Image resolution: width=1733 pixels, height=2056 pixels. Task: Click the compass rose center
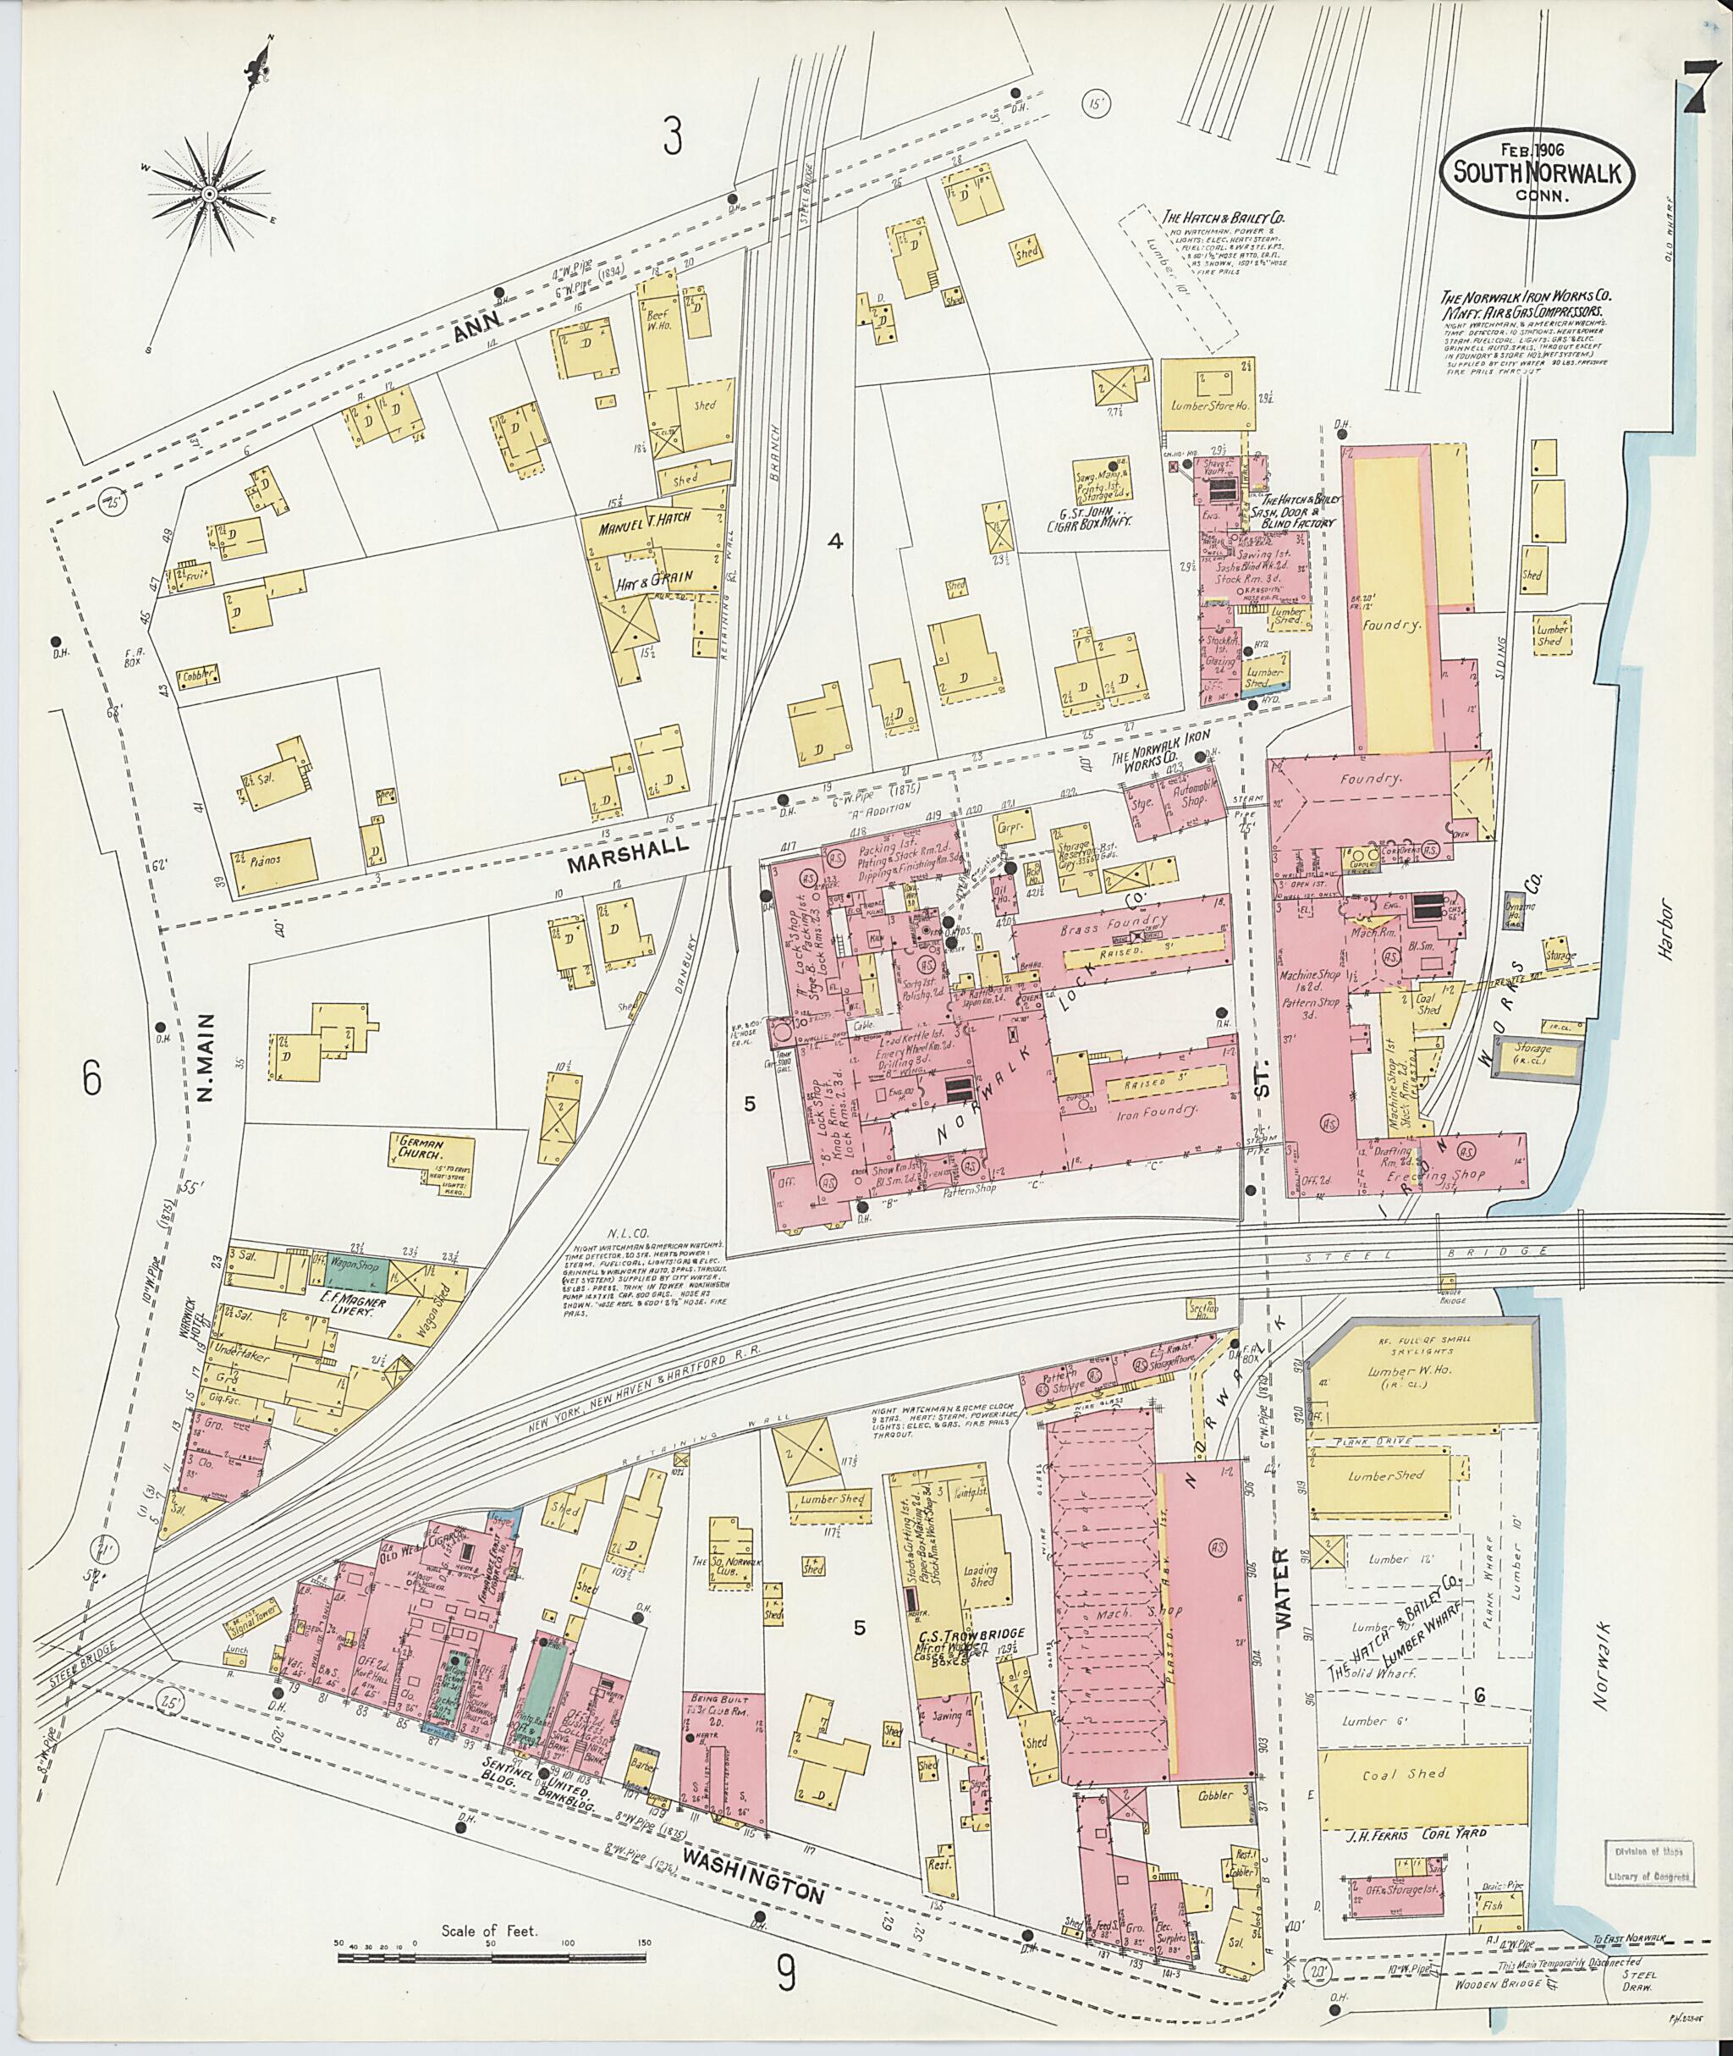[209, 195]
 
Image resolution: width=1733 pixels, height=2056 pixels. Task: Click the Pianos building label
[265, 859]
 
